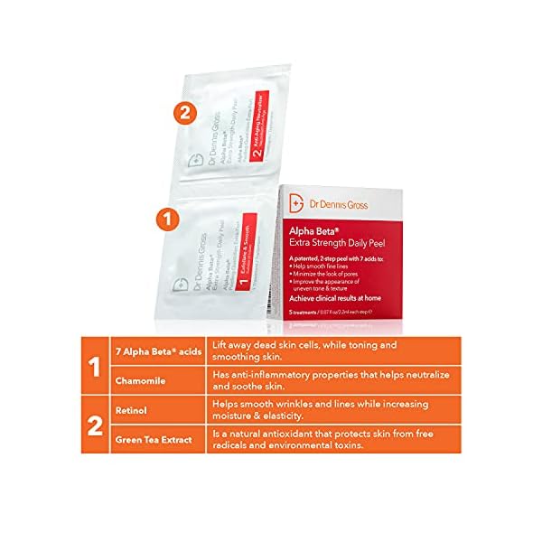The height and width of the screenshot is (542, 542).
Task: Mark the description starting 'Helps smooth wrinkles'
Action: pos(321,409)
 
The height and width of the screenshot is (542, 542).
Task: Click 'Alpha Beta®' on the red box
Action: pos(313,231)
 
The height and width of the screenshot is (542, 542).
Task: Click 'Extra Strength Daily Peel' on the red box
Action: pos(333,243)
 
